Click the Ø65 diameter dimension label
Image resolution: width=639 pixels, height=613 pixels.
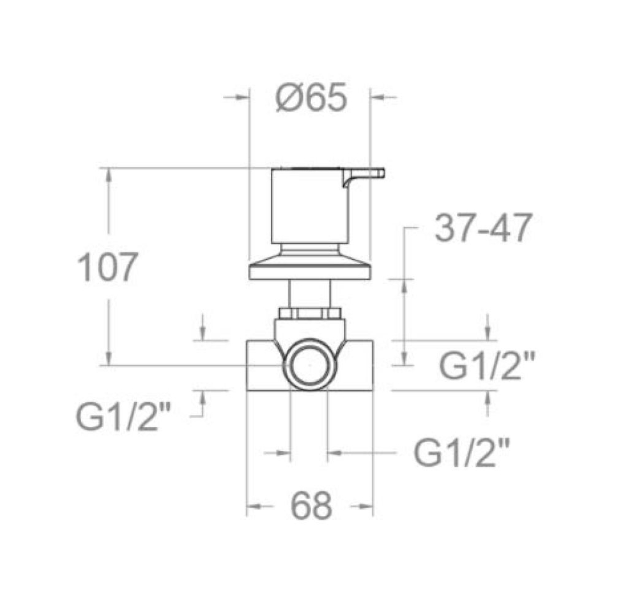click(311, 97)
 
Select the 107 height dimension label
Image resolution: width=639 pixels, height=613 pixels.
click(107, 267)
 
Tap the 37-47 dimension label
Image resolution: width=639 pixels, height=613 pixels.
click(483, 228)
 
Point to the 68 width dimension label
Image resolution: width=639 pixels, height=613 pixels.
click(311, 506)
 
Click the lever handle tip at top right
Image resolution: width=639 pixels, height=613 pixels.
click(383, 172)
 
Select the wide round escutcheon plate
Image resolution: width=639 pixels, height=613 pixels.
click(310, 271)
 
